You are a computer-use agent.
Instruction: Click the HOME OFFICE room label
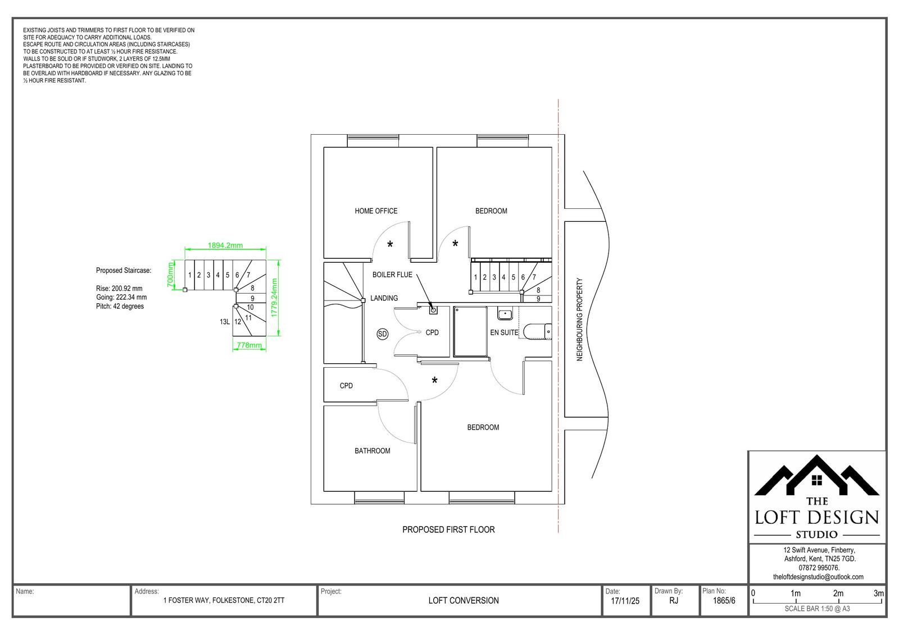click(376, 211)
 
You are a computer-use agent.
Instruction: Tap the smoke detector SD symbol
click(383, 334)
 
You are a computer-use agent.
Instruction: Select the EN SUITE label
click(504, 332)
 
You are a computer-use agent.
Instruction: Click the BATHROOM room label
click(372, 451)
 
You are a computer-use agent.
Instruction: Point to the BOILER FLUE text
click(392, 275)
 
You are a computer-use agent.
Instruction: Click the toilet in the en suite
click(538, 331)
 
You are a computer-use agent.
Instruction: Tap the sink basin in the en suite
click(505, 314)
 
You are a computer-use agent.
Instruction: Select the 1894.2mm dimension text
click(225, 245)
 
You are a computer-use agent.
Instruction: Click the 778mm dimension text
click(249, 345)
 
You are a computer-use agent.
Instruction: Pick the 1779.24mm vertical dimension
click(275, 298)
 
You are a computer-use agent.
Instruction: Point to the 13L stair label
click(225, 322)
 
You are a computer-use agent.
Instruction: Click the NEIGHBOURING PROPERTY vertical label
click(579, 319)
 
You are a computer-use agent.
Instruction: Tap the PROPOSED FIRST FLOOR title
click(448, 529)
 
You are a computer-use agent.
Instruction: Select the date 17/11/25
click(625, 601)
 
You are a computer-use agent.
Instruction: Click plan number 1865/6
click(724, 601)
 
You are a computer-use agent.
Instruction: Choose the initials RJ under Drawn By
click(674, 601)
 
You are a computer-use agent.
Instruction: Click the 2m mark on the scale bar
click(838, 593)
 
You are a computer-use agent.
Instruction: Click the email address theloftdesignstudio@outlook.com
click(818, 577)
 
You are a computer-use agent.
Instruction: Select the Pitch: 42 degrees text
click(120, 307)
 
